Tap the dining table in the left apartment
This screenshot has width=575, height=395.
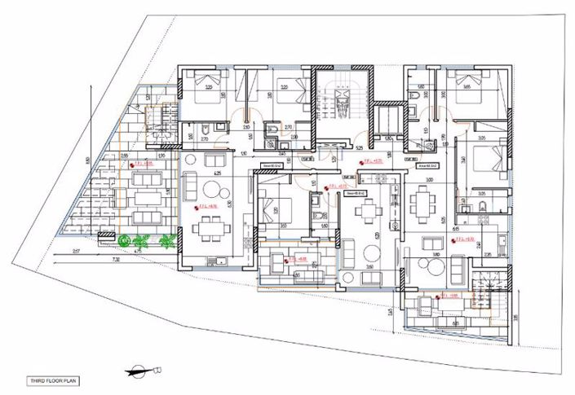coord(204,230)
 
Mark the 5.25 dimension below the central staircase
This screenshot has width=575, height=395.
coord(359,148)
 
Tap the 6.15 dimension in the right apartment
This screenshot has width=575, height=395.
coord(453,230)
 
